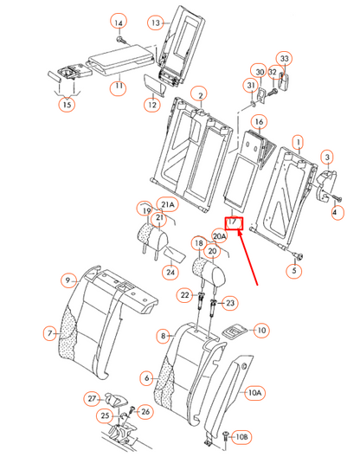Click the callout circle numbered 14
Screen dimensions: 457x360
(x=119, y=22)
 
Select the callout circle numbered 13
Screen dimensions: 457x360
(x=155, y=22)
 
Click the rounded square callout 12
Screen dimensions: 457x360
(x=151, y=105)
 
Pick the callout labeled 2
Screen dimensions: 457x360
(x=200, y=93)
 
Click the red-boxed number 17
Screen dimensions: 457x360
(x=232, y=222)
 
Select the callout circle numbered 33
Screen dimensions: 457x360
(x=285, y=59)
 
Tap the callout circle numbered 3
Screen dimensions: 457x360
(x=328, y=157)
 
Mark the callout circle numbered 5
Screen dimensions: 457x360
(x=293, y=271)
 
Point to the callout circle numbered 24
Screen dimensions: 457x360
(x=171, y=273)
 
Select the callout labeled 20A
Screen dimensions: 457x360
(x=220, y=235)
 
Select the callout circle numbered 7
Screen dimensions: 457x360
(x=50, y=332)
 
